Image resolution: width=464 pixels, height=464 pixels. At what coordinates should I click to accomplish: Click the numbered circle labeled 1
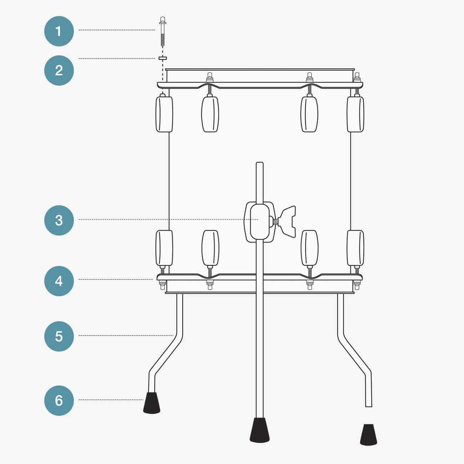(x=59, y=31)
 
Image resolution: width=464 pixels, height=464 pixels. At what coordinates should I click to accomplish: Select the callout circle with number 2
(x=59, y=70)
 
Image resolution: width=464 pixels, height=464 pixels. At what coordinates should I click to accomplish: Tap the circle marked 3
(x=59, y=220)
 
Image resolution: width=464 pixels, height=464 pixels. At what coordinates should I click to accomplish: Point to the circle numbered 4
(x=59, y=281)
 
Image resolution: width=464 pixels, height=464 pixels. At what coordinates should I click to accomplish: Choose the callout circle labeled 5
(x=59, y=336)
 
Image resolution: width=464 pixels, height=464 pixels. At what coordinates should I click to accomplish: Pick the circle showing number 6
(x=59, y=400)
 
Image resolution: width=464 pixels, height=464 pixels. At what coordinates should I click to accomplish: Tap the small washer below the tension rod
(x=163, y=58)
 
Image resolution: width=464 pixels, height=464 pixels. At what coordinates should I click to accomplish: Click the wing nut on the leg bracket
(x=288, y=222)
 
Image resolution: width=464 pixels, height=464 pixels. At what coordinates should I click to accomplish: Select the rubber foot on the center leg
(x=260, y=430)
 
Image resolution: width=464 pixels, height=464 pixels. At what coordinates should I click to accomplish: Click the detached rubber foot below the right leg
(x=368, y=435)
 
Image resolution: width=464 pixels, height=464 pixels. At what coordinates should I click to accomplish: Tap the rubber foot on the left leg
(x=152, y=403)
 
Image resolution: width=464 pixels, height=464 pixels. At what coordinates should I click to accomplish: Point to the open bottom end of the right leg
(x=369, y=405)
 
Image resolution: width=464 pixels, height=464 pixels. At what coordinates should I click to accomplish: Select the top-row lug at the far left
(x=164, y=114)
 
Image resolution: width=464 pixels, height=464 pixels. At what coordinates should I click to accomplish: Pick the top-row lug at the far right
(x=355, y=114)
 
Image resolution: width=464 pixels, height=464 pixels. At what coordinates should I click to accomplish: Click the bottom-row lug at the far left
(x=164, y=248)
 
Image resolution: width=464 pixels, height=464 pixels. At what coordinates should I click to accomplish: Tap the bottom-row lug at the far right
(x=355, y=248)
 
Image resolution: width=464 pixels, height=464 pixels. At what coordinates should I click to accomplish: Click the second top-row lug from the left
(x=210, y=114)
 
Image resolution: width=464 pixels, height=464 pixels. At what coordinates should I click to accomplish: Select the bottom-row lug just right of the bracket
(x=309, y=248)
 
